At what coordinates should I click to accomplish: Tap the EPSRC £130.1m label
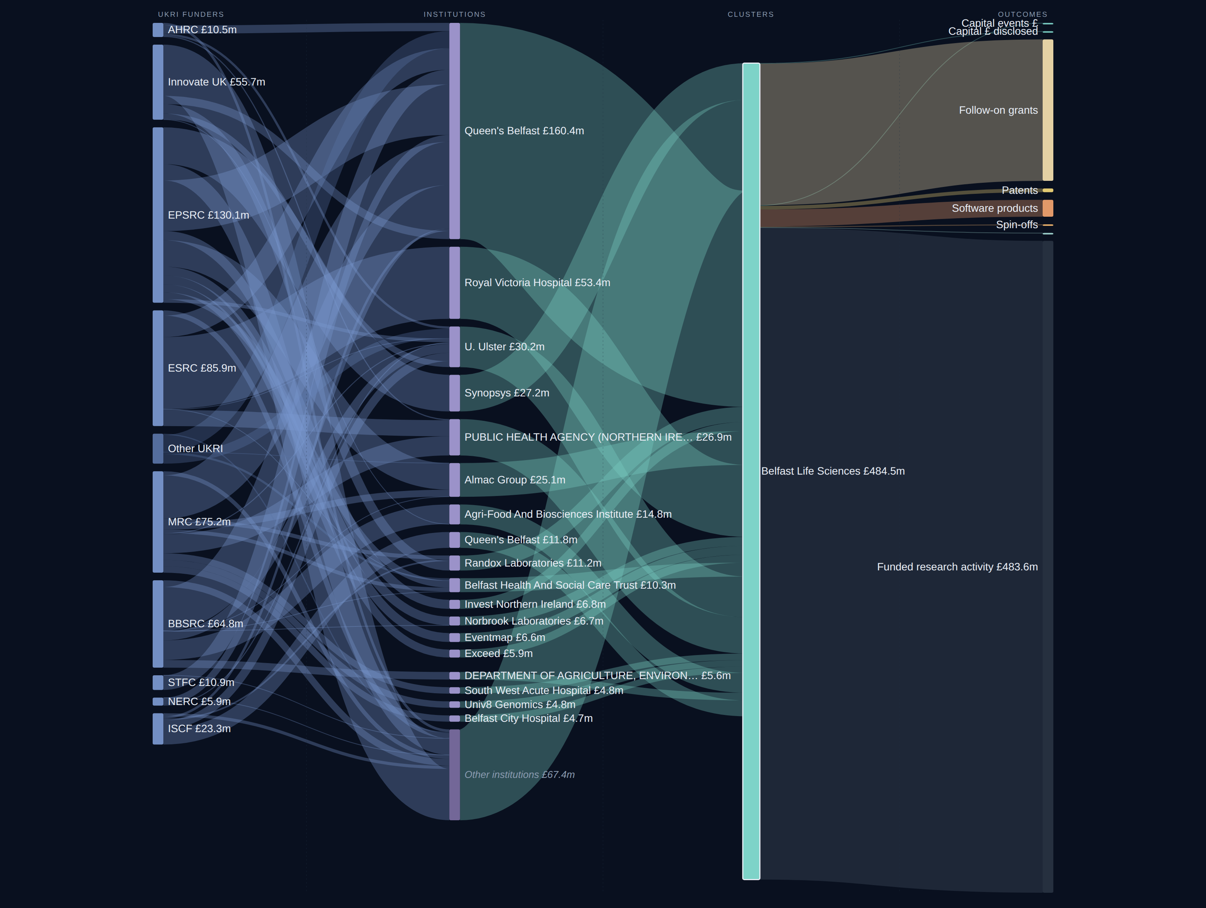point(208,215)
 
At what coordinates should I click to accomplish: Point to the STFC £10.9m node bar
point(158,683)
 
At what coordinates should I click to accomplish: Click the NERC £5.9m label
point(199,702)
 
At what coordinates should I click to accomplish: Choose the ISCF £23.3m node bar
point(158,729)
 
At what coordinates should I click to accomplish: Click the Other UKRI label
point(195,449)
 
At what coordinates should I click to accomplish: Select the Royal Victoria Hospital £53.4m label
point(537,283)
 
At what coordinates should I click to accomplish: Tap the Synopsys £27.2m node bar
point(455,393)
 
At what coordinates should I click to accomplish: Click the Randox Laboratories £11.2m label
point(533,563)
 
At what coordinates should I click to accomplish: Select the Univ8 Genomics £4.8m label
point(519,705)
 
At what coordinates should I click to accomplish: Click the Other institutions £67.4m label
point(519,775)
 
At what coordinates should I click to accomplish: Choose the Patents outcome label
point(1019,191)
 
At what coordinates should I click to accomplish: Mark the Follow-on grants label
point(998,111)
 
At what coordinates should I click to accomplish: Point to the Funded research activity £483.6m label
point(958,567)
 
